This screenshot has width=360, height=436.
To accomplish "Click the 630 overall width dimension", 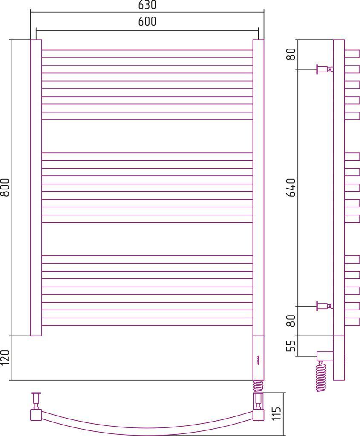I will (147, 5).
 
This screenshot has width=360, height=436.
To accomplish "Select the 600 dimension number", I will (147, 22).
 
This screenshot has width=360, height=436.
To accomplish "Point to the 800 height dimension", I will (5, 187).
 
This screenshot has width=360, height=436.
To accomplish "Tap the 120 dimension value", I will (5, 358).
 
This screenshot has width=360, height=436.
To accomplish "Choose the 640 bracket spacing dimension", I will (291, 187).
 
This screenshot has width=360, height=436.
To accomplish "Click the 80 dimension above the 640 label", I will (291, 54).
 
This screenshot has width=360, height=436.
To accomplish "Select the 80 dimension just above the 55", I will (291, 321).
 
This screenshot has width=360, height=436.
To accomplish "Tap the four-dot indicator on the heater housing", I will (258, 360).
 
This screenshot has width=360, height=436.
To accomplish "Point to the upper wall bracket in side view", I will (323, 69).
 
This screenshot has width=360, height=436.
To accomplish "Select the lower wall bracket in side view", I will (323, 306).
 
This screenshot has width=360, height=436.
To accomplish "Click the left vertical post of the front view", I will (36, 187).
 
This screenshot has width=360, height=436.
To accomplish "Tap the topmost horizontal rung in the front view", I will (147, 54).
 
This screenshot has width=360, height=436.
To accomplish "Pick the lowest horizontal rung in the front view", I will (147, 321).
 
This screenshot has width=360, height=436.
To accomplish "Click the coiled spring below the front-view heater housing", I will (258, 385).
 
